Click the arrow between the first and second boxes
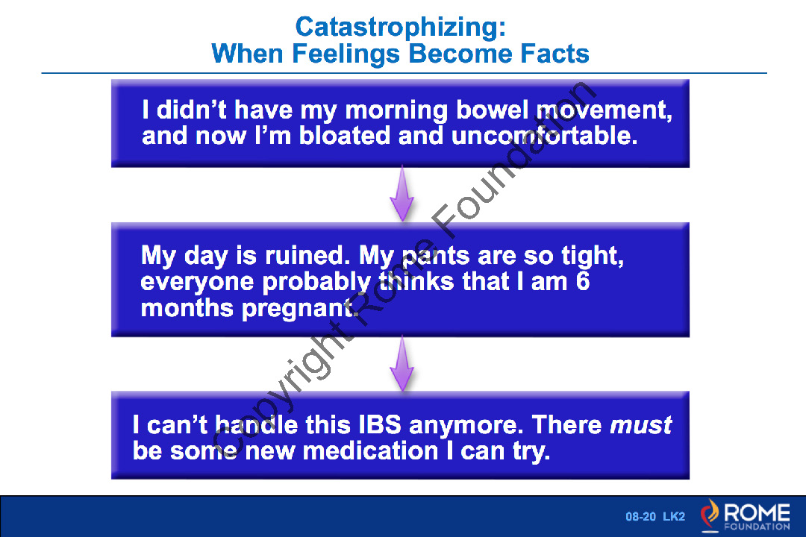pos(402,194)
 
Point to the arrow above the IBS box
pos(402,364)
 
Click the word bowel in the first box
pos(492,110)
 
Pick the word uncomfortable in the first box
pos(544,136)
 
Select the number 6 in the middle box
pos(582,282)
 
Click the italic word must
pos(640,425)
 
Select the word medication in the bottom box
pos(370,451)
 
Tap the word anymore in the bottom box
pos(466,426)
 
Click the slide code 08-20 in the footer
pos(640,516)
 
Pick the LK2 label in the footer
pos(674,516)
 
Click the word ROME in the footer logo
pos(757,512)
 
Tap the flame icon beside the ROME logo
pos(710,515)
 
